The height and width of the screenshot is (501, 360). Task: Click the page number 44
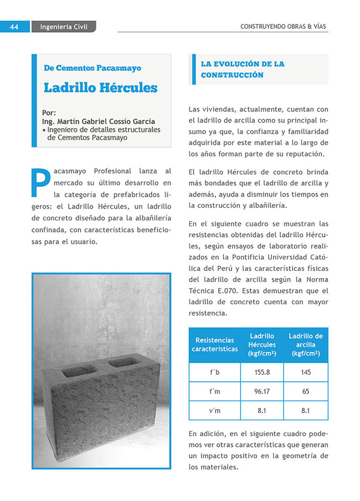(x=15, y=27)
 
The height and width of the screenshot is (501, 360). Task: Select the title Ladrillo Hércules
(x=100, y=88)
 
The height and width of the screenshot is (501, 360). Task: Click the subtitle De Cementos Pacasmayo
(x=92, y=68)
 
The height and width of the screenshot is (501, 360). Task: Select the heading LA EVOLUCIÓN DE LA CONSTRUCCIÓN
(x=243, y=69)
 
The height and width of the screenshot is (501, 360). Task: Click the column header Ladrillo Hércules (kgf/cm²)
(x=262, y=345)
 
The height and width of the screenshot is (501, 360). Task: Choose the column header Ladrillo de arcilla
(x=306, y=345)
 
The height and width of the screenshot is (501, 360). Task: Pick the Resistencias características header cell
(x=215, y=345)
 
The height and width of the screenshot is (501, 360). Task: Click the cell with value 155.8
(x=262, y=372)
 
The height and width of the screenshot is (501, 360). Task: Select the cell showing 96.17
(x=262, y=391)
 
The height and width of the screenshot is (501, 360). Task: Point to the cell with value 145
(x=306, y=372)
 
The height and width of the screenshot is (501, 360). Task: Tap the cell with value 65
(x=306, y=391)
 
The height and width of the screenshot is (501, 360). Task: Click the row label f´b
(x=215, y=372)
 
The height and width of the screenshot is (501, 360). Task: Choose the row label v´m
(x=215, y=411)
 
